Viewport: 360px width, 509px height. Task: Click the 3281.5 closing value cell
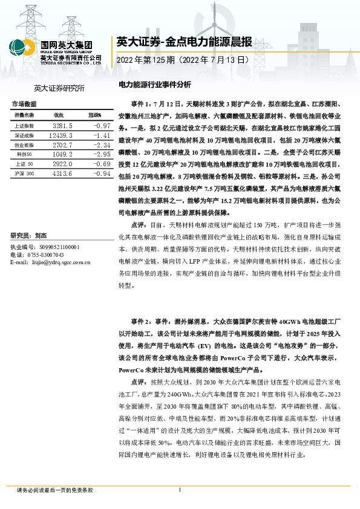(63, 125)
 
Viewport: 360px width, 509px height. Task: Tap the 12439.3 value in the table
(62, 135)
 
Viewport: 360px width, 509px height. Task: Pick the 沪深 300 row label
(25, 174)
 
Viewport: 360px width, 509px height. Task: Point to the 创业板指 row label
(25, 145)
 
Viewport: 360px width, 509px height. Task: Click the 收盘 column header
(59, 115)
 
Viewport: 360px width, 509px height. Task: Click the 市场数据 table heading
(24, 104)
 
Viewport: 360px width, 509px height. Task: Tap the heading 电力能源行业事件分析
(154, 85)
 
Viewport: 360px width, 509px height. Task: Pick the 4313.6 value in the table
(63, 174)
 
